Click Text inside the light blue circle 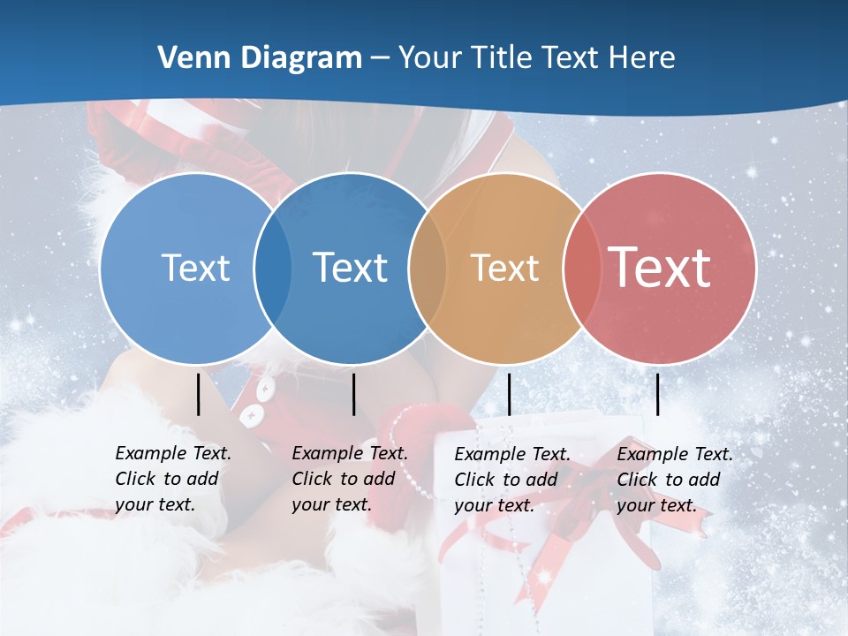195,268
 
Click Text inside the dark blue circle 350,268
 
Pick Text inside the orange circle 504,268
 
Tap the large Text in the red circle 660,268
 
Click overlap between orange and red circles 581,269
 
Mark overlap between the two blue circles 273,269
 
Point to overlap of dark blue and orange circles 428,269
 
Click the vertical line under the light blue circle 199,394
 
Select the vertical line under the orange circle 510,394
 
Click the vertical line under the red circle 657,394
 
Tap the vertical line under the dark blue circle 353,394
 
